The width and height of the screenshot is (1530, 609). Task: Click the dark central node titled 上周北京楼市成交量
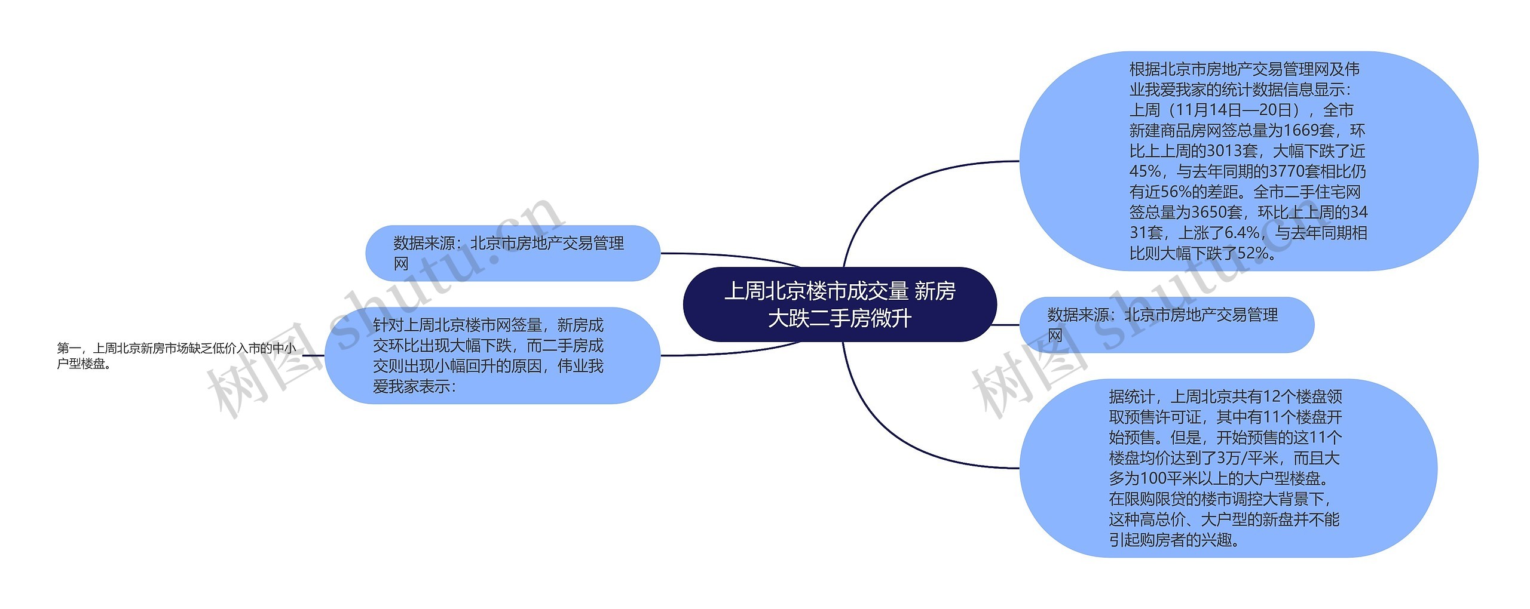point(839,304)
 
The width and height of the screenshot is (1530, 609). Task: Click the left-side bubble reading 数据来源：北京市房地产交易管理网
point(512,253)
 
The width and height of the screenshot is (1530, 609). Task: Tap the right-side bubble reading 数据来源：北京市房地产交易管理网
point(1166,325)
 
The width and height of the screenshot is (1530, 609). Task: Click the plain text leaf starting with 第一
point(176,356)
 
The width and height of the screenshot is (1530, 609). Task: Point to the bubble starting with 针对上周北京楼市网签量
point(492,356)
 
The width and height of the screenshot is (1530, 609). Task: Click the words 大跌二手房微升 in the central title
point(839,319)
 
